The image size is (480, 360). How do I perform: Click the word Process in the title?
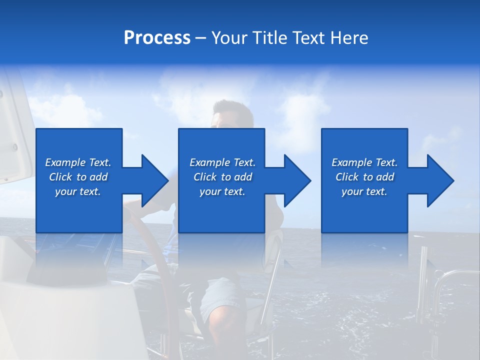[x=157, y=38]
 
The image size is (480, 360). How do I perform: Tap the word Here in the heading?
[x=348, y=38]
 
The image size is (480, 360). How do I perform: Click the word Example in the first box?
[x=65, y=162]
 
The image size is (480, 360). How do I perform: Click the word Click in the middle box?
[x=205, y=177]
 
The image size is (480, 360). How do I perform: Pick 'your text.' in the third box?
[x=364, y=191]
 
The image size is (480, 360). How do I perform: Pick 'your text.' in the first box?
[x=78, y=191]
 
